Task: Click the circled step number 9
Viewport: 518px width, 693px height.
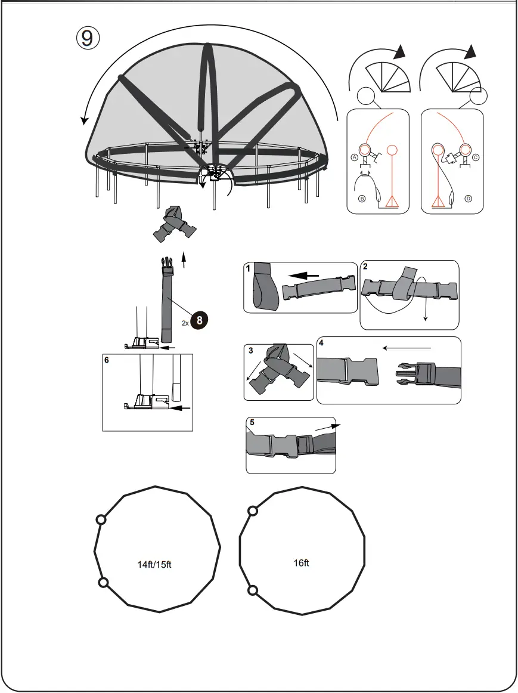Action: click(87, 37)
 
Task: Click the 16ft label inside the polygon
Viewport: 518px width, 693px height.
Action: click(302, 563)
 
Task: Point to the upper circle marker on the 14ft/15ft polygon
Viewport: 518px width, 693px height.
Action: click(101, 520)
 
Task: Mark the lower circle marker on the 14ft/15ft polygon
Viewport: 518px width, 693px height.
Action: click(103, 582)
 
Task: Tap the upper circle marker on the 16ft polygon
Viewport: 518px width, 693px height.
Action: click(253, 511)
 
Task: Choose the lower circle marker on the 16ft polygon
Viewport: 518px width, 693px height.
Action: click(253, 590)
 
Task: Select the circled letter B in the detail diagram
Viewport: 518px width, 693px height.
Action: click(361, 199)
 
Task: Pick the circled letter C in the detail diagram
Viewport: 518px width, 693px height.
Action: click(476, 157)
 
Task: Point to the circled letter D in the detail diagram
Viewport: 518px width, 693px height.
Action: click(468, 198)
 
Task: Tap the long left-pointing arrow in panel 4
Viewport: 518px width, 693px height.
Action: click(406, 347)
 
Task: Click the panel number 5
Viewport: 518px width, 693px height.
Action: click(252, 422)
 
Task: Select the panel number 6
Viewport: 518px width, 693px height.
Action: click(107, 361)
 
